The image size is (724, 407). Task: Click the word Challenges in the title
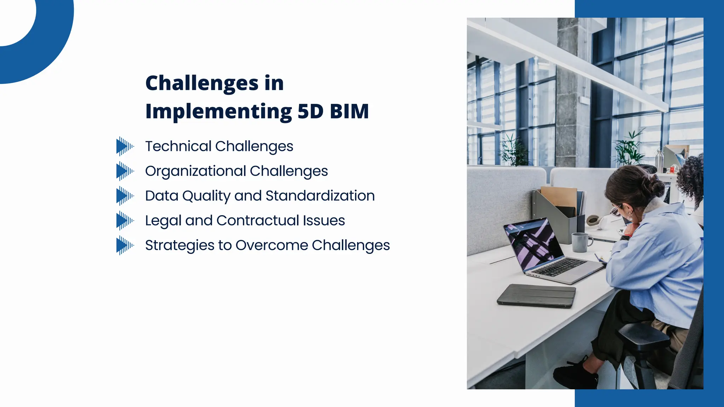pyautogui.click(x=202, y=84)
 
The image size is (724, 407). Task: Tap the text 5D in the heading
pyautogui.click(x=310, y=112)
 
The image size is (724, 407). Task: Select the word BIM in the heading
pyautogui.click(x=349, y=112)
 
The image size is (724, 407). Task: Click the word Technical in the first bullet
pyautogui.click(x=178, y=146)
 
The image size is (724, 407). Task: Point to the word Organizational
pyautogui.click(x=195, y=171)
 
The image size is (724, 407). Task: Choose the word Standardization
pyautogui.click(x=320, y=196)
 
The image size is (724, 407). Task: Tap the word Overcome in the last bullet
pyautogui.click(x=271, y=245)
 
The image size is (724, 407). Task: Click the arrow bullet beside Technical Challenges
pyautogui.click(x=124, y=146)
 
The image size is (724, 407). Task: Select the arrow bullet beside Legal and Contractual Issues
pyautogui.click(x=124, y=221)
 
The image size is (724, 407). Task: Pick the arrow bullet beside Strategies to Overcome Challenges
pyautogui.click(x=124, y=246)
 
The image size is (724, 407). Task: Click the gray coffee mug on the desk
pyautogui.click(x=580, y=242)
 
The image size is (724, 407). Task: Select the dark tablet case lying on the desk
pyautogui.click(x=536, y=295)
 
